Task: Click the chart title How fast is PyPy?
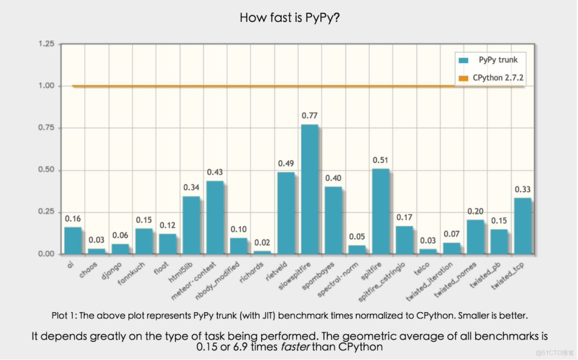tap(289, 18)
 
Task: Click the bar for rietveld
tap(286, 213)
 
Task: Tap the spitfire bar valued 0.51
tap(381, 211)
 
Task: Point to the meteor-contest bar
tap(215, 218)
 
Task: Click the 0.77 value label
tap(310, 116)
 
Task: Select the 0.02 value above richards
tap(262, 242)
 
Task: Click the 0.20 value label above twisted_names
tap(475, 212)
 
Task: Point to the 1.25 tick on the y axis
tap(47, 44)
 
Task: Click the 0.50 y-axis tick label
tap(47, 170)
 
